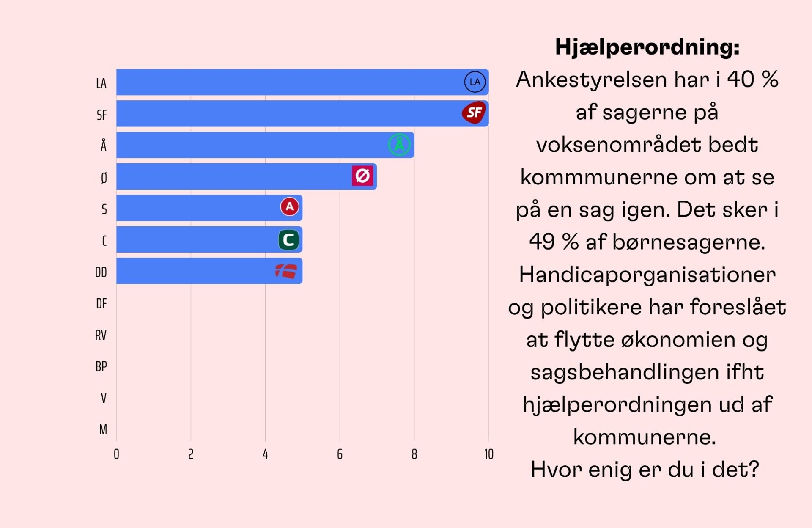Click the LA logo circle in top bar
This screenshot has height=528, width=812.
475,82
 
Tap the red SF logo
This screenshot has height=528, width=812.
474,113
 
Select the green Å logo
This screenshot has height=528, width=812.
399,145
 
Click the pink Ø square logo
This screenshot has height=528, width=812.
362,176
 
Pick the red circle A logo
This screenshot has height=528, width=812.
289,207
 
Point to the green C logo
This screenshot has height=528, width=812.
288,240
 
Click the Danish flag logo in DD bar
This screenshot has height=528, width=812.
286,271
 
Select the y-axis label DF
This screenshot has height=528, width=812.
101,304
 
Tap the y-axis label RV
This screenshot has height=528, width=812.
101,335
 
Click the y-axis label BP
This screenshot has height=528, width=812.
101,366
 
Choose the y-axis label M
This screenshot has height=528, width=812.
103,429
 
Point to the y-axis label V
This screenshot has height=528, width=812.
104,398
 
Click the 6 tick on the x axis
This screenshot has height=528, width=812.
340,454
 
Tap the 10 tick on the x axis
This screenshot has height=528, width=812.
488,454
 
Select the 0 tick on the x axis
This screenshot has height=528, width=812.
116,454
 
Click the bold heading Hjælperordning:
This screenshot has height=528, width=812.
647,47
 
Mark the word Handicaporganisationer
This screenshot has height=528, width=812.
647,275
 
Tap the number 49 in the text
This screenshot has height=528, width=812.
542,242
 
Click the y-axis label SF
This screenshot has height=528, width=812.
101,115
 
